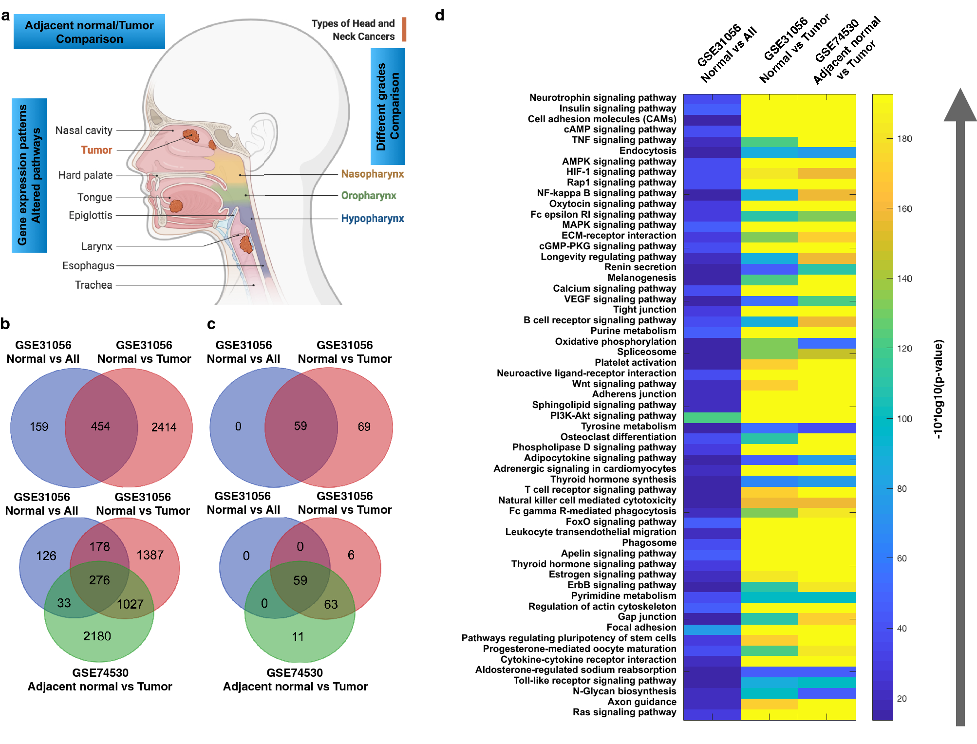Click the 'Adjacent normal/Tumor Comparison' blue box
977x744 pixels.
pos(89,32)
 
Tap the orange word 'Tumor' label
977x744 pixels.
pos(96,150)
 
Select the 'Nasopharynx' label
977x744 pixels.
pos(372,174)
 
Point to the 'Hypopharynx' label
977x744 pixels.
pos(372,219)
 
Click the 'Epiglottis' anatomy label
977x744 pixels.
pos(91,215)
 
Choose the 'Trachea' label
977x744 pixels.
pos(94,285)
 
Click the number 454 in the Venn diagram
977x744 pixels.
pos(100,427)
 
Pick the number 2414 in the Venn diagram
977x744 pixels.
pos(164,428)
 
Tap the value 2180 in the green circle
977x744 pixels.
pos(97,636)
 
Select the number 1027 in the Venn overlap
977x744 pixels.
pos(130,604)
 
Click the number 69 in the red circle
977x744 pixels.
pos(364,427)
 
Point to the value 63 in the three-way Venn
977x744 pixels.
pos(331,604)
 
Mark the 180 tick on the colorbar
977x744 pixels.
pos(904,139)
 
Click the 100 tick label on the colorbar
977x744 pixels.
pos(904,419)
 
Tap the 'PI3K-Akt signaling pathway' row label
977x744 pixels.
pos(613,415)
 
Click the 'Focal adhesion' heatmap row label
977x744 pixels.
pos(641,627)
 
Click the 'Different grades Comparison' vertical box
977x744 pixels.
pos(388,107)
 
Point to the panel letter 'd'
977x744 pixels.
pos(439,16)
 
